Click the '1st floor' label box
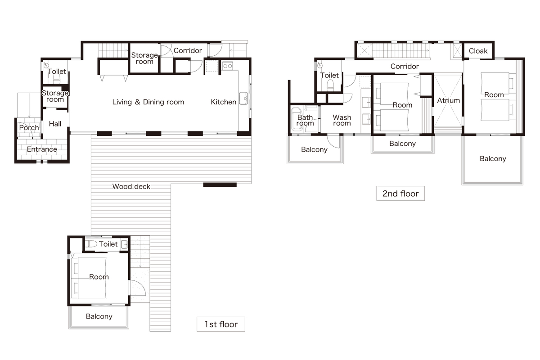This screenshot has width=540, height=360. (x=221, y=324)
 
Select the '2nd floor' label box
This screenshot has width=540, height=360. (x=400, y=193)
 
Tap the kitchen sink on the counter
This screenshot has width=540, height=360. (x=243, y=99)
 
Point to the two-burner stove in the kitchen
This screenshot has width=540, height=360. (x=227, y=66)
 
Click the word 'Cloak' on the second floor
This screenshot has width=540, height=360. (x=478, y=51)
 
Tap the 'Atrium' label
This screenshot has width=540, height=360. (x=448, y=100)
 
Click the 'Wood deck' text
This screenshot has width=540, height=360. (x=131, y=186)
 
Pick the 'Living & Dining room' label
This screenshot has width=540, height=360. (x=148, y=102)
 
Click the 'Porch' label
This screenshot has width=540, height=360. (x=29, y=127)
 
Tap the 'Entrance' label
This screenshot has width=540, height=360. (x=42, y=149)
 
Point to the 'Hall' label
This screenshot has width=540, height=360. (x=55, y=124)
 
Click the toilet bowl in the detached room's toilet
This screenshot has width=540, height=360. (x=91, y=244)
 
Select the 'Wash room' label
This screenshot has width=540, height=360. (x=342, y=120)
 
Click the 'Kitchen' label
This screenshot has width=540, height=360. (x=224, y=102)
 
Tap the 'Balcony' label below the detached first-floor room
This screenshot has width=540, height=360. (x=99, y=316)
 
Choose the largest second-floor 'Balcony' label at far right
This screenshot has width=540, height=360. (x=493, y=158)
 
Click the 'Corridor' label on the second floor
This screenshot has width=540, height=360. (x=405, y=66)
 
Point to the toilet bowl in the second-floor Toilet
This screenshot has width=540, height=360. (x=330, y=85)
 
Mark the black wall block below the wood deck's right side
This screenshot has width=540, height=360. (x=220, y=185)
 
